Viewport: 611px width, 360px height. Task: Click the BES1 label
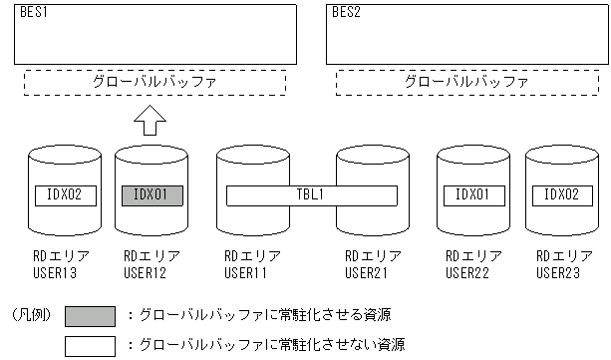click(34, 14)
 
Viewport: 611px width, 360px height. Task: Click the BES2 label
click(346, 14)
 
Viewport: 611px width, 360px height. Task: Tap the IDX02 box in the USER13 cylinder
click(65, 194)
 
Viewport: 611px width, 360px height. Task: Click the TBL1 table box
click(310, 194)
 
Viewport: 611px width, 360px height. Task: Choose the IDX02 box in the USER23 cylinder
click(559, 194)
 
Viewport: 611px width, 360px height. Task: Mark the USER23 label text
click(555, 271)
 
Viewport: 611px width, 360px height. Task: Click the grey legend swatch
click(95, 315)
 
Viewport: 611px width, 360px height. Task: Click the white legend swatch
click(95, 345)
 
